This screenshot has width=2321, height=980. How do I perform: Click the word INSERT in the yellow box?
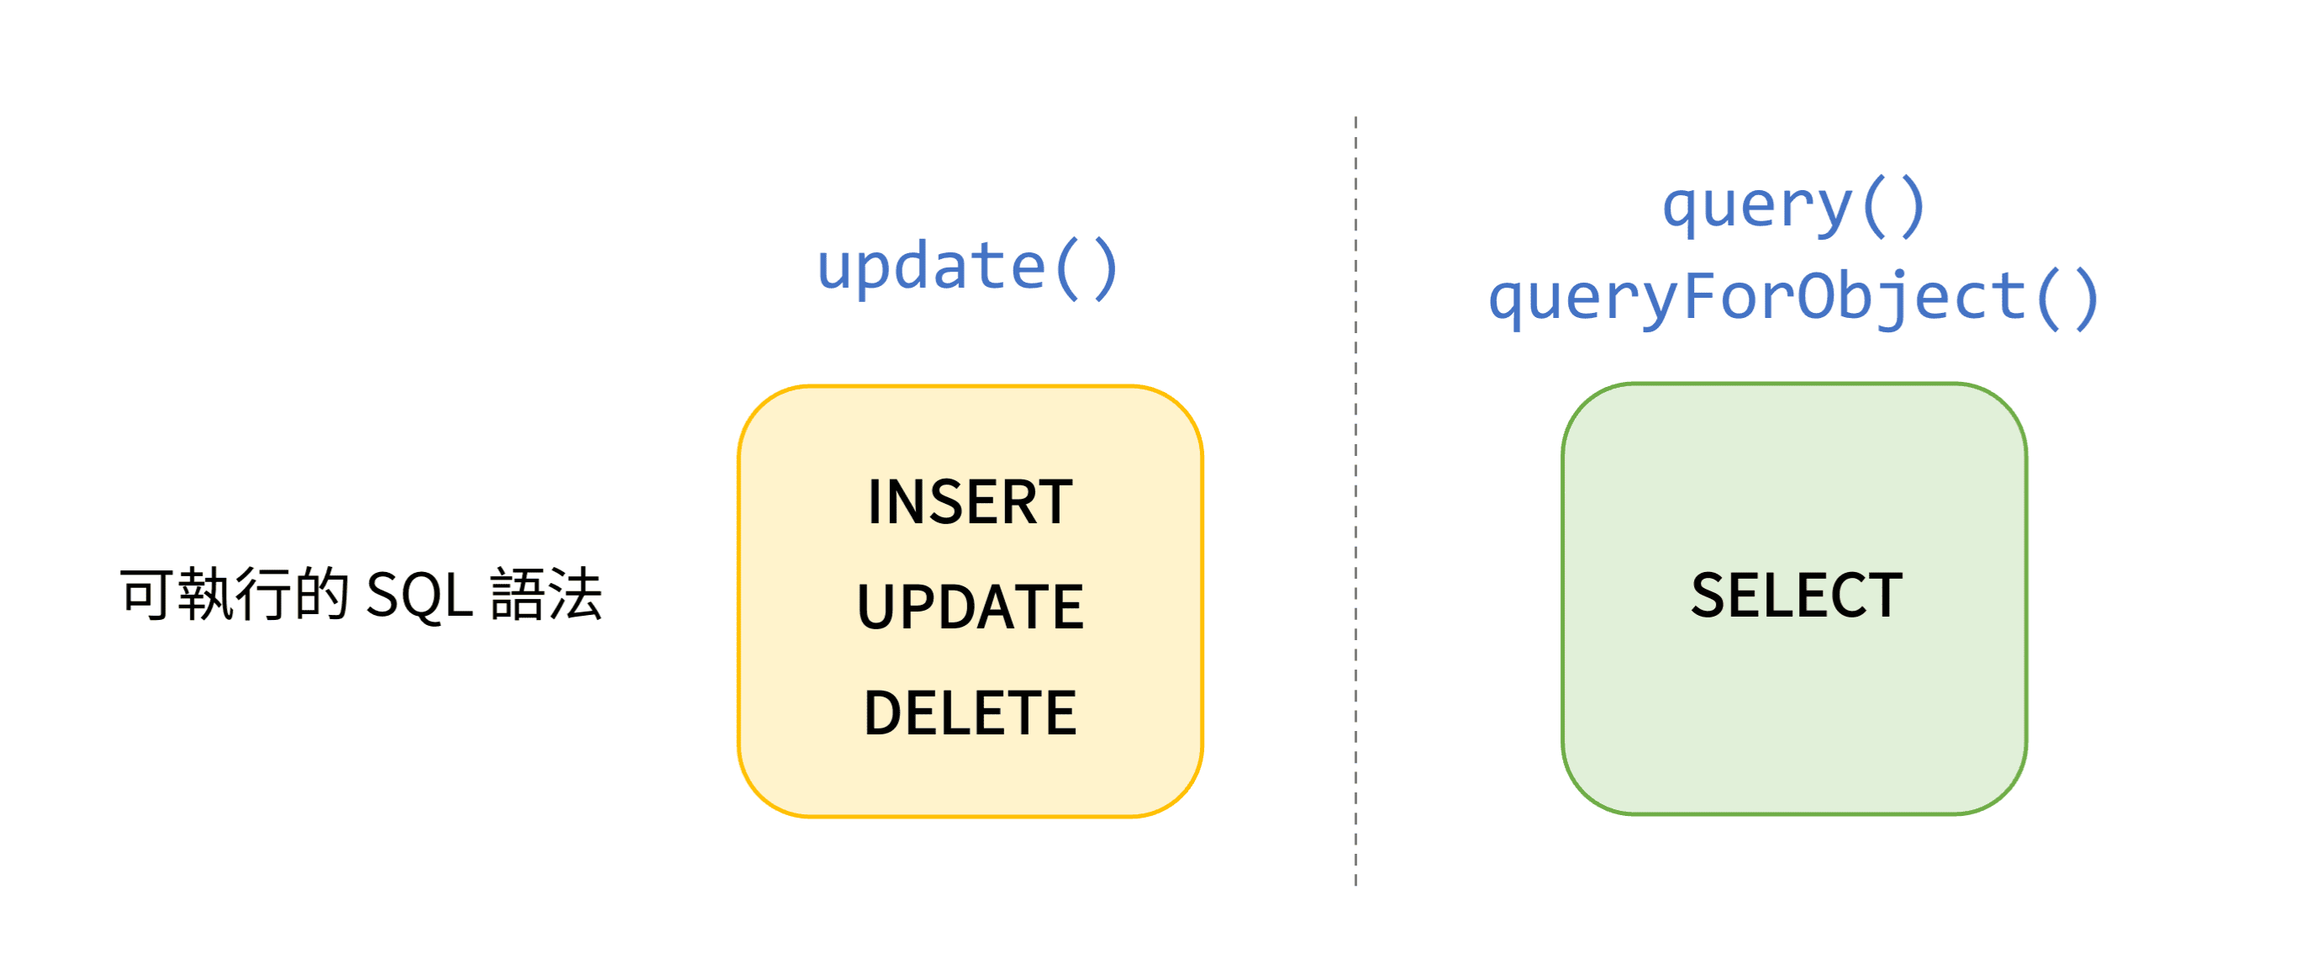tap(970, 501)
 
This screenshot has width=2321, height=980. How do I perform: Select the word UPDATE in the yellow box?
tap(970, 606)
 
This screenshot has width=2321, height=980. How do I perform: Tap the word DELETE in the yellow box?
tap(970, 712)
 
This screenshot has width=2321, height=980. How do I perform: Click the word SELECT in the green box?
tap(1796, 595)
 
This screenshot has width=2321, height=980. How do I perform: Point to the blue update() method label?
tap(968, 268)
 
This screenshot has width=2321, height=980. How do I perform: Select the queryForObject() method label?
tap(1794, 299)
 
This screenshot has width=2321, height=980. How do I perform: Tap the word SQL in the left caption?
tap(420, 596)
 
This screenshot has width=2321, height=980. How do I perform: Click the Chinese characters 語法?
tap(546, 595)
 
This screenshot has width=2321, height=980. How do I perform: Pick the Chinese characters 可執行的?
tap(234, 595)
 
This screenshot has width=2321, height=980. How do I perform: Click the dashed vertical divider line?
tap(1355, 501)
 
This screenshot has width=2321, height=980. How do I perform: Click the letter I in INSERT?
tap(873, 501)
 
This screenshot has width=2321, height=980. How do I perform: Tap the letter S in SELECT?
tap(1708, 595)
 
